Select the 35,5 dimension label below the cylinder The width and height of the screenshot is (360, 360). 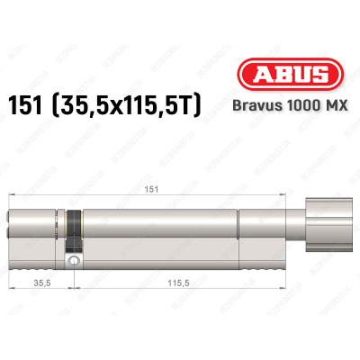coord(39,283)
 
